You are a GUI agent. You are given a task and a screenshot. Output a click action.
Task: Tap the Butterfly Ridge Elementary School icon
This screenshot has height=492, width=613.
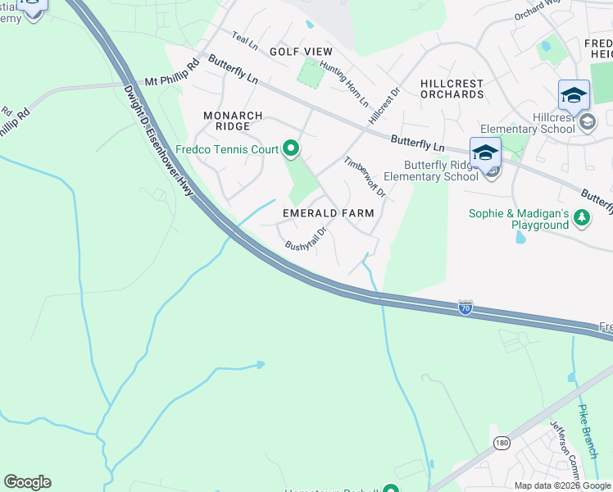pyautogui.click(x=485, y=154)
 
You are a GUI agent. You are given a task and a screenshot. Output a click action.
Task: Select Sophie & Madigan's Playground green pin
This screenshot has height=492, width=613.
pyautogui.click(x=581, y=218)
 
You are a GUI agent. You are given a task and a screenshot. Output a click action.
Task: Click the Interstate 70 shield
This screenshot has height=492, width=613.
pyautogui.click(x=465, y=307)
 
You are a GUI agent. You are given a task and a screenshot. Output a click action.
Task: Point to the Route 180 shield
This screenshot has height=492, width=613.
pyautogui.click(x=502, y=443)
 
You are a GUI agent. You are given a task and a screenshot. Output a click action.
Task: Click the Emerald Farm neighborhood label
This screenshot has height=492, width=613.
pyautogui.click(x=328, y=213)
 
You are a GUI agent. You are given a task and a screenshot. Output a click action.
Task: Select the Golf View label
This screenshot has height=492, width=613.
pyautogui.click(x=302, y=51)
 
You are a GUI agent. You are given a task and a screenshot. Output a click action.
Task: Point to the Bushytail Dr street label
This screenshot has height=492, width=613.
pyautogui.click(x=306, y=239)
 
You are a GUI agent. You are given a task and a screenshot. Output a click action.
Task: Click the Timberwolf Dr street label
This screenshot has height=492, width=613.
pyautogui.click(x=365, y=177)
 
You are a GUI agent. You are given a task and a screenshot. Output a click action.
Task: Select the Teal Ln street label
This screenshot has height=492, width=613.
pyautogui.click(x=244, y=38)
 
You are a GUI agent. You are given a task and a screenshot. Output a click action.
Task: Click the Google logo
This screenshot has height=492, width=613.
pyautogui.click(x=27, y=482)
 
